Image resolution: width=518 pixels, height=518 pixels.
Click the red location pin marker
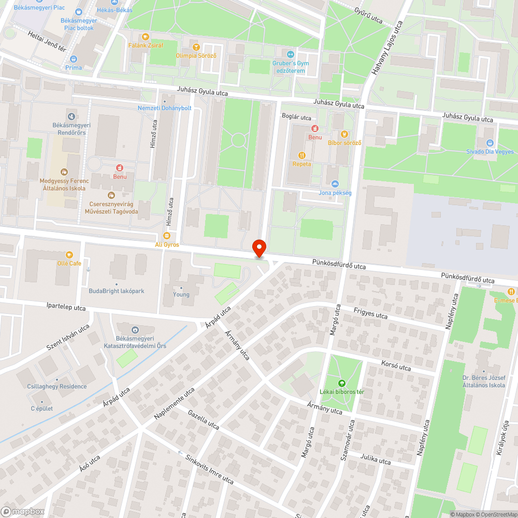pyautogui.click(x=258, y=248)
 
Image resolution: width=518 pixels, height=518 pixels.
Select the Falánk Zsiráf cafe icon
pyautogui.click(x=146, y=37)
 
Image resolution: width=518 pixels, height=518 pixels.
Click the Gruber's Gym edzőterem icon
pyautogui.click(x=291, y=54)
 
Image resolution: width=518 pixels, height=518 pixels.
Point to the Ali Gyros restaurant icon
pyautogui.click(x=167, y=236)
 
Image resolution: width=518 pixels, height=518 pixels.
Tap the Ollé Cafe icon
pyautogui.click(x=69, y=255)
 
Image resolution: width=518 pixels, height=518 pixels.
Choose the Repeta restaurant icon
pyautogui.click(x=301, y=155)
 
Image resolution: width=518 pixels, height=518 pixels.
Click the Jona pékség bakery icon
pyautogui.click(x=335, y=184)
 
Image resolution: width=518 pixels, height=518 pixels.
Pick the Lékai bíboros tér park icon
pyautogui.click(x=341, y=383)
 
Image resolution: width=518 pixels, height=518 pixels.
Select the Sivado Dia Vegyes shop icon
pyautogui.click(x=490, y=143)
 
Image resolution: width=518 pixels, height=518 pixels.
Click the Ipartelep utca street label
pyautogui.click(x=66, y=308)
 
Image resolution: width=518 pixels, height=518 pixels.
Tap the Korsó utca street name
pyautogui.click(x=396, y=367)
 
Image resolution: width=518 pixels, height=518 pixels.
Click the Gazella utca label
pyautogui.click(x=204, y=419)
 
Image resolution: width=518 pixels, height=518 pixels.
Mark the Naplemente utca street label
pyautogui.click(x=175, y=404)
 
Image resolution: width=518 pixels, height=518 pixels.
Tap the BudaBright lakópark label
pyautogui.click(x=117, y=291)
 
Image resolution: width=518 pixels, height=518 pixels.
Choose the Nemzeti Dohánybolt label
pyautogui.click(x=164, y=108)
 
